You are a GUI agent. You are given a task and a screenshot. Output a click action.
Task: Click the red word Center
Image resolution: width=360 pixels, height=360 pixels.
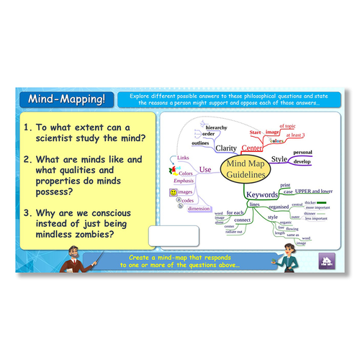(251, 148)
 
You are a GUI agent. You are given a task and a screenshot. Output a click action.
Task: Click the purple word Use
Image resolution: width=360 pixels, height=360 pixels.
(205, 170)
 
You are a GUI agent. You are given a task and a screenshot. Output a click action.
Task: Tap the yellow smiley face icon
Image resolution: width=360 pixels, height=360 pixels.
(174, 192)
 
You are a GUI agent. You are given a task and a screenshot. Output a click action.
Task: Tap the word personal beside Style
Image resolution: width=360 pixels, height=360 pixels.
(302, 153)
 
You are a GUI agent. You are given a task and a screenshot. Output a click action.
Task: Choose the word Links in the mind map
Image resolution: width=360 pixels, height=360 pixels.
(182, 158)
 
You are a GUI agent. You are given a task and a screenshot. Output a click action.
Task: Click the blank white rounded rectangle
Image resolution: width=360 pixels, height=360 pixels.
(171, 235)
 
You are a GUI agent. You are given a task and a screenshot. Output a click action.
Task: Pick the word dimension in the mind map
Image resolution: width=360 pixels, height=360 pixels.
(199, 209)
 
